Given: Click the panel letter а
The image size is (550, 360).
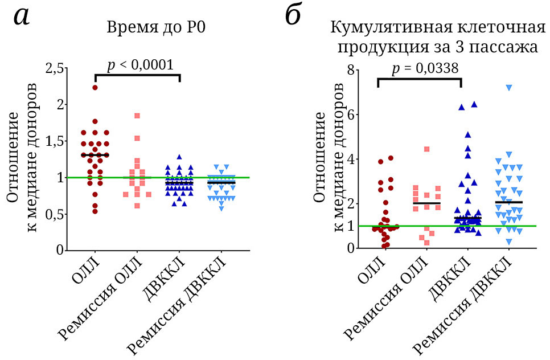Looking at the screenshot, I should tap(22, 17).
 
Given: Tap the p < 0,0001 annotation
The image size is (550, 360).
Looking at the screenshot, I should tap(139, 64).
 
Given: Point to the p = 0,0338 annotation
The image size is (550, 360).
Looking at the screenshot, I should tap(425, 68).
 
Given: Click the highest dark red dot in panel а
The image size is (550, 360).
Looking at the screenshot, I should tap(95, 87).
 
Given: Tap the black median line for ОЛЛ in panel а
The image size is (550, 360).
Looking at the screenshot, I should tap(95, 154).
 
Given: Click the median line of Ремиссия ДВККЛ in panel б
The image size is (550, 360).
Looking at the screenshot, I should tap(508, 202).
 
